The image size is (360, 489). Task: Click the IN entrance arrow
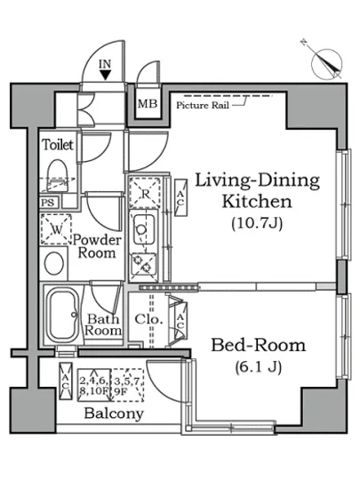(x=106, y=75)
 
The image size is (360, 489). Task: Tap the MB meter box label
(x=148, y=103)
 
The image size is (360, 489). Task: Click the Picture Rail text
(x=203, y=105)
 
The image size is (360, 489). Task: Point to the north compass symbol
(x=327, y=63)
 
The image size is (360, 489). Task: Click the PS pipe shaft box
(x=48, y=203)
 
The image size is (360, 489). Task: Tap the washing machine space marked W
(x=56, y=229)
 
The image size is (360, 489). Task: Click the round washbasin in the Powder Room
(x=54, y=263)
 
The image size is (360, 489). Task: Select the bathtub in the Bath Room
(x=62, y=315)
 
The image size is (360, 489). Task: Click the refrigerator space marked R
(x=145, y=193)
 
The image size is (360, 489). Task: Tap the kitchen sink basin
(x=144, y=230)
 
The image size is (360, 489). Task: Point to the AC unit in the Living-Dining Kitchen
(x=180, y=197)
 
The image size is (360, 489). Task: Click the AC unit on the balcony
(x=66, y=381)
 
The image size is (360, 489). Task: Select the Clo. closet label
(x=149, y=319)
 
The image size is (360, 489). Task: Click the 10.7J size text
(x=257, y=223)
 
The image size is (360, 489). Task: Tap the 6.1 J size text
(x=259, y=367)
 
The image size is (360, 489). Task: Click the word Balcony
(x=114, y=414)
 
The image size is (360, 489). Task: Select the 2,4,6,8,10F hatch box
(x=94, y=385)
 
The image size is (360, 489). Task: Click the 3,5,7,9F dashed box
(x=128, y=385)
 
